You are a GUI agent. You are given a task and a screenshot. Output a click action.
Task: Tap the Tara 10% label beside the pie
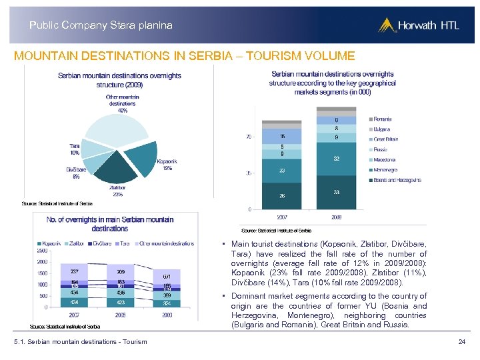coord(74,149)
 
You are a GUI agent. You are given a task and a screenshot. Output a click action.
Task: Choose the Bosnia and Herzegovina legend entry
coord(397,180)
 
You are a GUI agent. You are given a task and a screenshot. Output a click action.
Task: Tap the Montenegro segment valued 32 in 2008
coord(336,159)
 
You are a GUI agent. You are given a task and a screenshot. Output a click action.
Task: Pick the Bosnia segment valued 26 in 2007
coord(282,195)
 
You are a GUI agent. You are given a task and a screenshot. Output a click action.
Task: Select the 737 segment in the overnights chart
coord(74,271)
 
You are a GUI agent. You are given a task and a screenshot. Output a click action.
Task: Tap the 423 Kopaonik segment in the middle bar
coord(120,301)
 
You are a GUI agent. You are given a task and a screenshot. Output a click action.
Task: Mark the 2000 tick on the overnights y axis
coord(41,261)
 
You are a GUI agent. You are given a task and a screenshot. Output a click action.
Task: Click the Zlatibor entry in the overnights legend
coord(73,243)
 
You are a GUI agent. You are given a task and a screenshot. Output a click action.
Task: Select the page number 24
coord(461,341)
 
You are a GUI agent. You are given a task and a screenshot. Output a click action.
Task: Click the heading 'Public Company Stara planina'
coord(101,25)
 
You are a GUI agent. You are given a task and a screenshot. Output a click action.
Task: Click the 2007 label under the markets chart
coord(282,216)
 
